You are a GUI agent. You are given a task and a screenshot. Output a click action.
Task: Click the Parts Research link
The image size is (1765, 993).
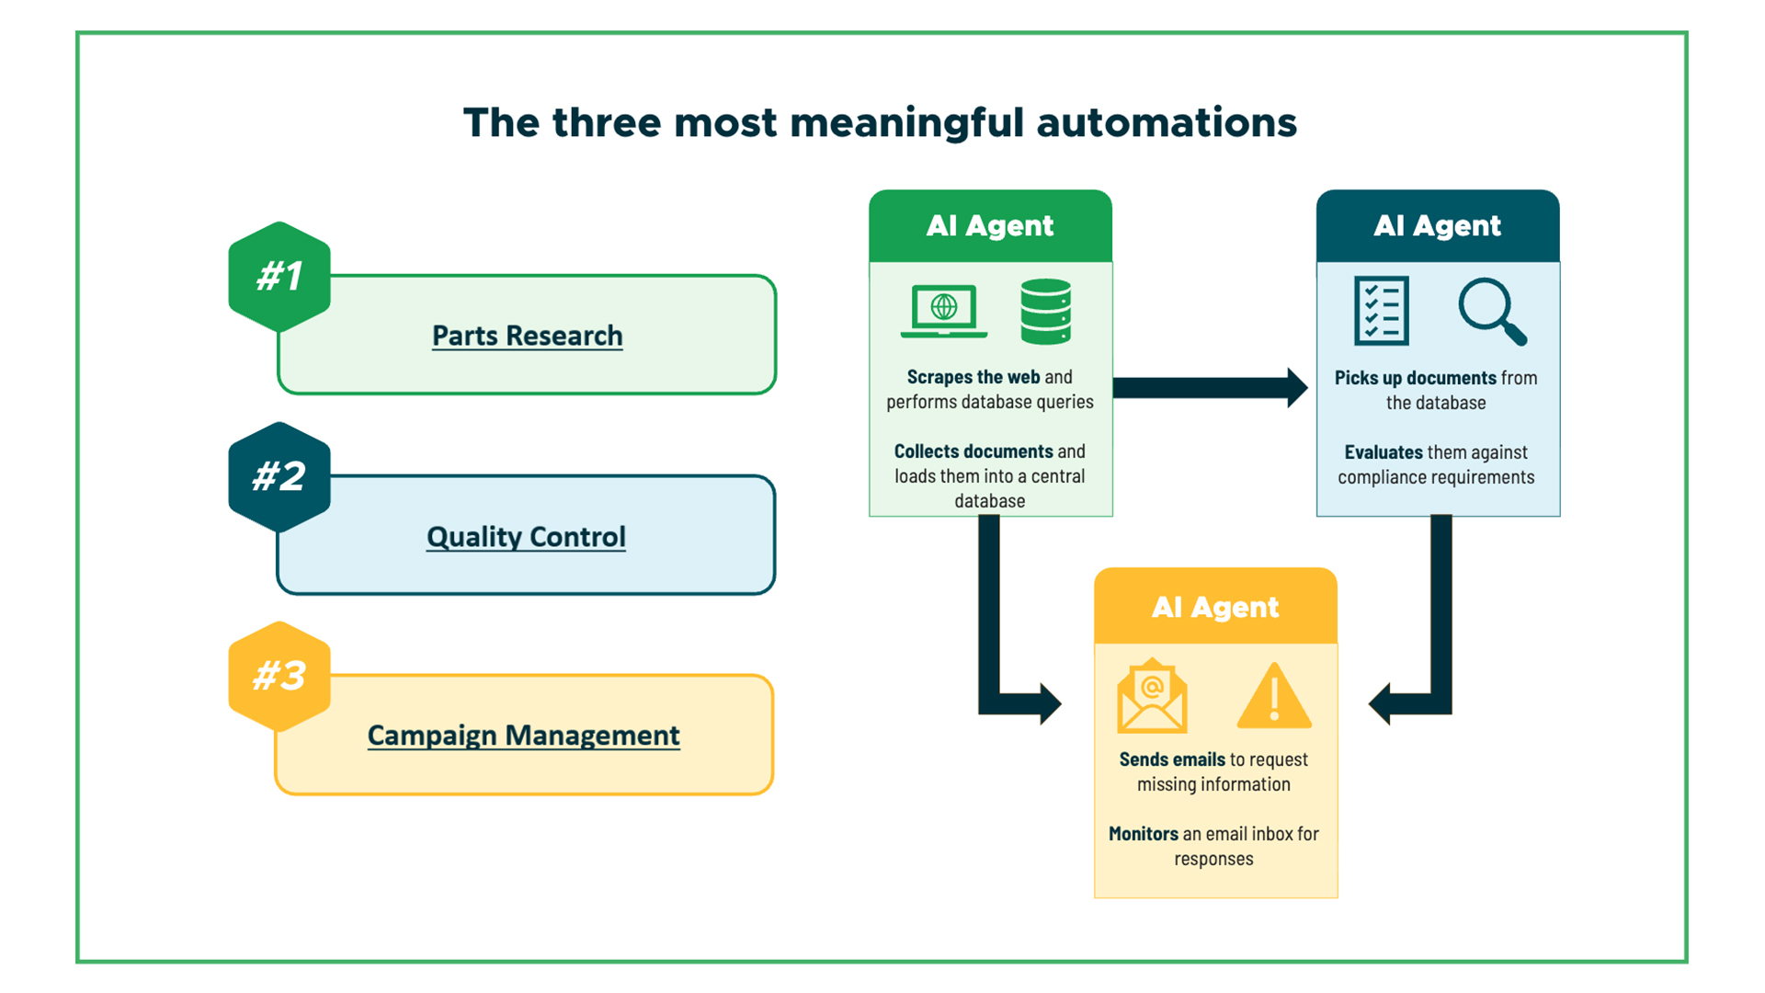[x=527, y=336]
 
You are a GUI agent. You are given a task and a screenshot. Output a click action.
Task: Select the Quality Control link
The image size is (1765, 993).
[x=526, y=536]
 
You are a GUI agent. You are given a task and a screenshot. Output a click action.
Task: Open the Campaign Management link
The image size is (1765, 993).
[x=523, y=735]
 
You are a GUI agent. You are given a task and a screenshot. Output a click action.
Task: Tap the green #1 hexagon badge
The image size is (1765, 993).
[x=279, y=276]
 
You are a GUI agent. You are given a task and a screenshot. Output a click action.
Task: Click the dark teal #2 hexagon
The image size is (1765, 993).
[x=279, y=476]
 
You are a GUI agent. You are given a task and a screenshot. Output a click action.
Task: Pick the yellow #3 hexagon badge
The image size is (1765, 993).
[x=279, y=676]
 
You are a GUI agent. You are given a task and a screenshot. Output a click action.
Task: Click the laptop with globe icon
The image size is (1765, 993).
[x=944, y=311]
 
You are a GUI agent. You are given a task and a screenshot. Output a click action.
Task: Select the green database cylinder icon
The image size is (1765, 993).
[x=1045, y=312]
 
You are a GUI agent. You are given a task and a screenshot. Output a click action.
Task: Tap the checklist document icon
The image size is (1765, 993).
[x=1381, y=311]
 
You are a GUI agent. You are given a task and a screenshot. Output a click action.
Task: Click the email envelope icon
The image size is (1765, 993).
[x=1152, y=696]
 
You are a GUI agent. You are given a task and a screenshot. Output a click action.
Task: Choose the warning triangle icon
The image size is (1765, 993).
[x=1274, y=697]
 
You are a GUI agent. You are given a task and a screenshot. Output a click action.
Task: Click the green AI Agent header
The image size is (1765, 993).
[x=990, y=226]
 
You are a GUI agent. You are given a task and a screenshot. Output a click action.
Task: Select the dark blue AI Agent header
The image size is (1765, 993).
[x=1437, y=226]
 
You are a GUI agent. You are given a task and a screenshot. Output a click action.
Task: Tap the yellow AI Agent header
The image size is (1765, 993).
[x=1215, y=607]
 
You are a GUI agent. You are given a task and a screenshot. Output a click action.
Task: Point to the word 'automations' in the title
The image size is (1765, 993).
[x=1167, y=123]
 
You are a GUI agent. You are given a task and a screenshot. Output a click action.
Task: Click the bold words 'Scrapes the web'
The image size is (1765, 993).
[x=973, y=377]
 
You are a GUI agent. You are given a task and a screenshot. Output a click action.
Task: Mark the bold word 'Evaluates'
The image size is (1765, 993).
[x=1384, y=452]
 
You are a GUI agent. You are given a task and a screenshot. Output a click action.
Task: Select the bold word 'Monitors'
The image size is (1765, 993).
[x=1143, y=834]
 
